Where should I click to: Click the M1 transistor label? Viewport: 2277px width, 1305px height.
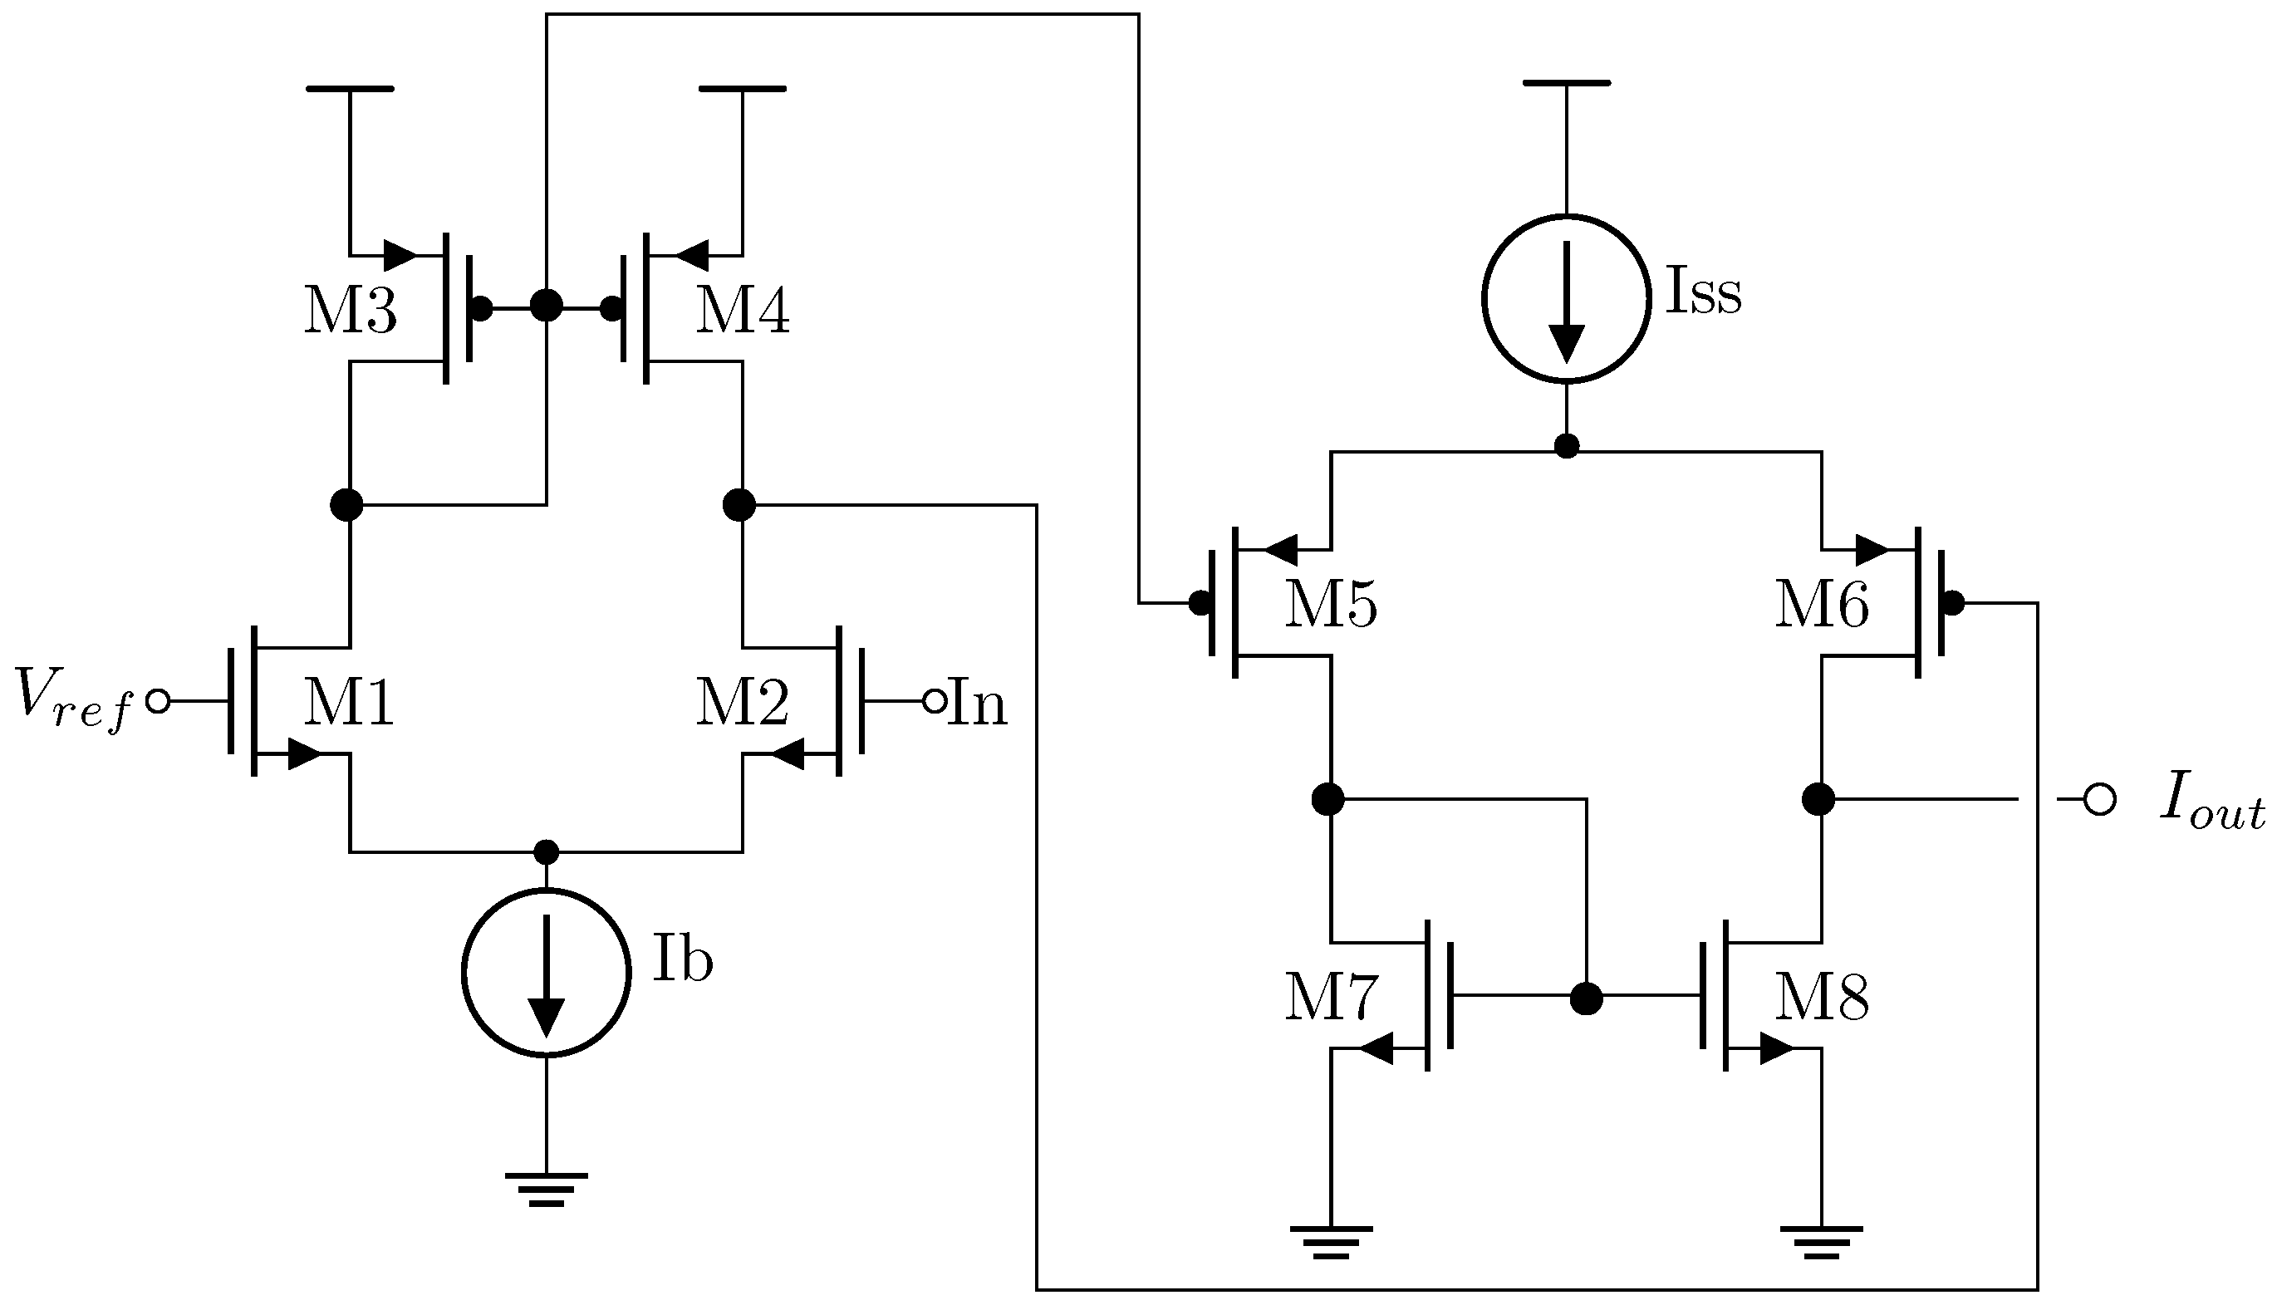(350, 703)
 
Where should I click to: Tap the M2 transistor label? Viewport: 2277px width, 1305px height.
(742, 703)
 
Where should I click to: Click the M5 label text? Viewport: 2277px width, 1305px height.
(1330, 605)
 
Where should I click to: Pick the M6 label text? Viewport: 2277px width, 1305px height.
(1821, 605)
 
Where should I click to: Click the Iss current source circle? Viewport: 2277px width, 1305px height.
(1566, 298)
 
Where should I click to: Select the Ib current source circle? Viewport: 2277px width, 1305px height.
(546, 973)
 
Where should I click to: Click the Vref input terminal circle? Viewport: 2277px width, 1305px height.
(158, 702)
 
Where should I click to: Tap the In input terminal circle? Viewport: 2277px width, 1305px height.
(934, 702)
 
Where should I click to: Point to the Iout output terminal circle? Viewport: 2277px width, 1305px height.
(2099, 799)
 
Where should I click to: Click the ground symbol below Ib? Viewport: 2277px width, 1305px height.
(546, 1190)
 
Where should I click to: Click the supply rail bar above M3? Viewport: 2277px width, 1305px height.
(350, 89)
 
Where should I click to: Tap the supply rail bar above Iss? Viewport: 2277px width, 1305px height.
(1566, 82)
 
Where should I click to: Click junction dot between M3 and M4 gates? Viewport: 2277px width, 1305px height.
(546, 306)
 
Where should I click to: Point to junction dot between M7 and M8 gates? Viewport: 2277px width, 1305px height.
(1586, 998)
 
